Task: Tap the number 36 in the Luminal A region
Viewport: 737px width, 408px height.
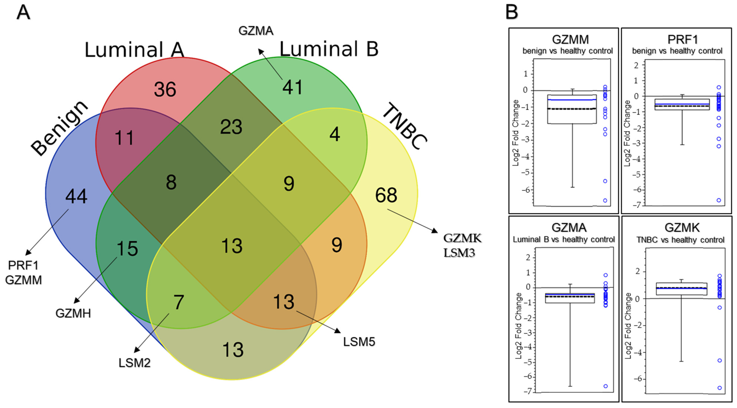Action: pyautogui.click(x=165, y=89)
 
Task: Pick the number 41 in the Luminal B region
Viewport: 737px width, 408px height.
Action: pyautogui.click(x=292, y=87)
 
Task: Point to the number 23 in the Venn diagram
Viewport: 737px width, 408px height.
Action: pyautogui.click(x=231, y=127)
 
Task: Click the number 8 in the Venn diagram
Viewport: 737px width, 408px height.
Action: pyautogui.click(x=171, y=182)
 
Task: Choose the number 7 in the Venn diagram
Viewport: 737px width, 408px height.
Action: pyautogui.click(x=179, y=302)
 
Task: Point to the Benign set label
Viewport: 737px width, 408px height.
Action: pyautogui.click(x=59, y=128)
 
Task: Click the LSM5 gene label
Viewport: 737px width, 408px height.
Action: pyautogui.click(x=359, y=342)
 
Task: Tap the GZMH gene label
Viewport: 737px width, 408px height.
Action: pyautogui.click(x=73, y=313)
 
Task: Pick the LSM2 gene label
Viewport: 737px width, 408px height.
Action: pyautogui.click(x=134, y=363)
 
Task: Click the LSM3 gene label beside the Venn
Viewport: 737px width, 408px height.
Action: pyautogui.click(x=459, y=253)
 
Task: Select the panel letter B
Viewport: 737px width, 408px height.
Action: pyautogui.click(x=512, y=12)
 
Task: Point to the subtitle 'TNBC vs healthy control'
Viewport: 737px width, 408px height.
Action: pyautogui.click(x=680, y=240)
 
